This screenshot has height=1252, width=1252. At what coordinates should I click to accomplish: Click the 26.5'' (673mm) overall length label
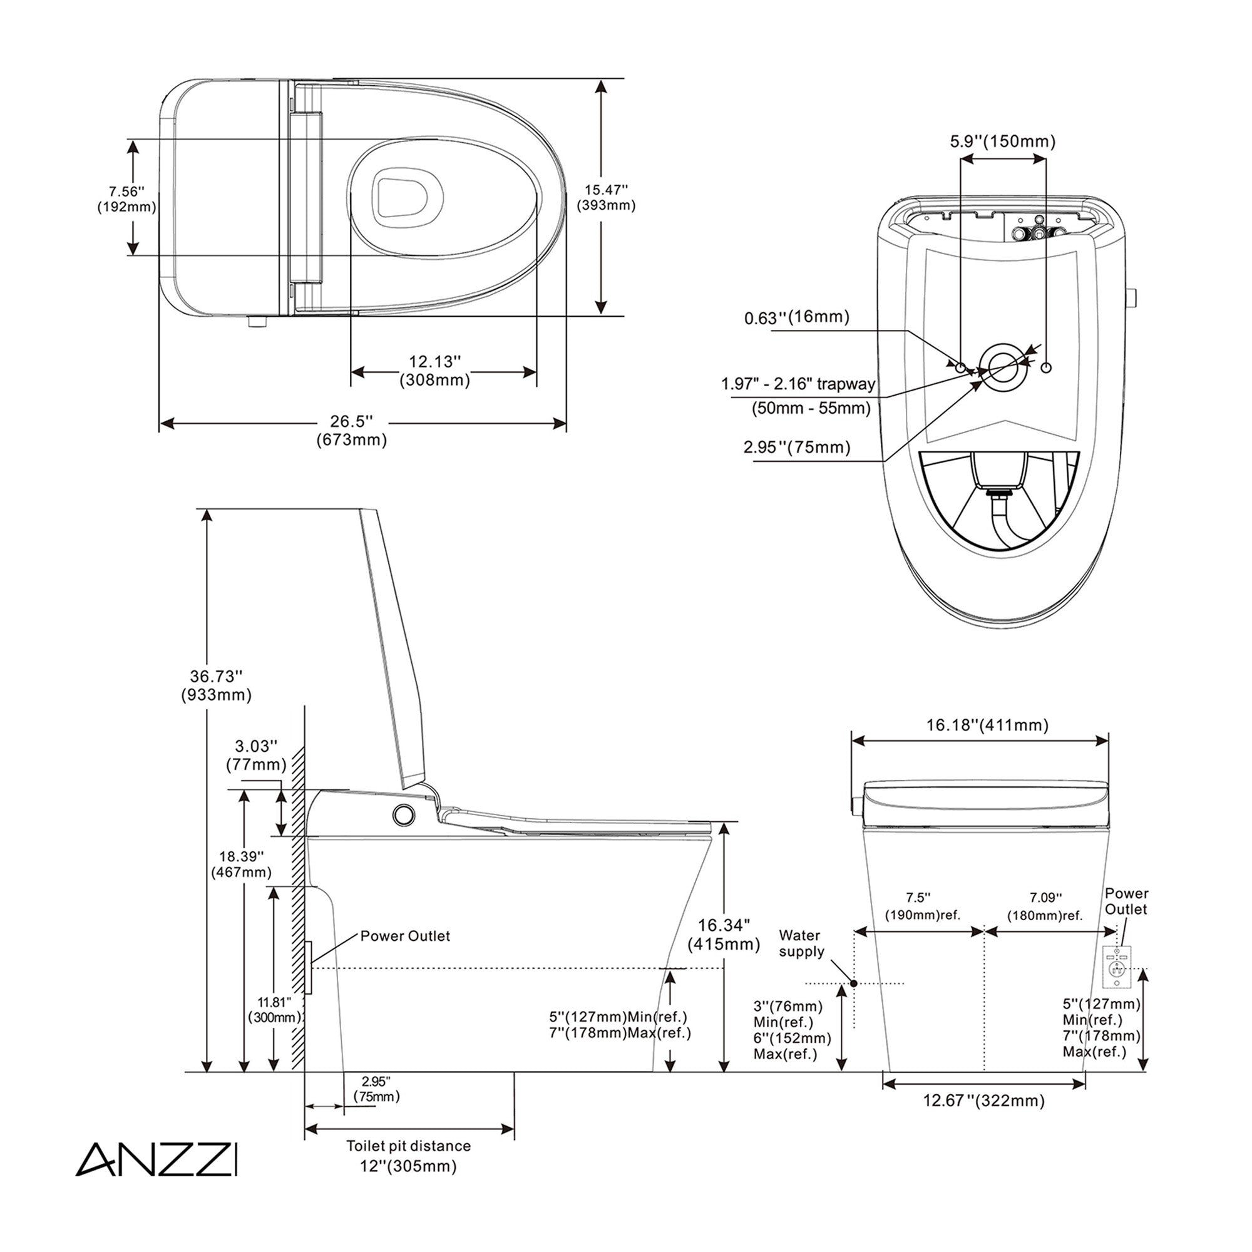[351, 430]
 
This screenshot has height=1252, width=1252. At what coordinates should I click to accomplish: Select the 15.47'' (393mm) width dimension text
[606, 198]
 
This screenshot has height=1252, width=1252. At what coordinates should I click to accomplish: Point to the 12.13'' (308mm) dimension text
[435, 371]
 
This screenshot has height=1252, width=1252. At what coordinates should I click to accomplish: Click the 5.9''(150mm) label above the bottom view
[1002, 141]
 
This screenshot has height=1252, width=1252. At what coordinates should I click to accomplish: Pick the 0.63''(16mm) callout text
[796, 317]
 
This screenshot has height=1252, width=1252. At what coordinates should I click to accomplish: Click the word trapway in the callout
[846, 384]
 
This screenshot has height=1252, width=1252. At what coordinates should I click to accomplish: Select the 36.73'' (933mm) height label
[217, 685]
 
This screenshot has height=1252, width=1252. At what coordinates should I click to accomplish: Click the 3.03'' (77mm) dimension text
[256, 755]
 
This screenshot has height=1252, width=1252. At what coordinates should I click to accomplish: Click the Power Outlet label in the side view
[405, 936]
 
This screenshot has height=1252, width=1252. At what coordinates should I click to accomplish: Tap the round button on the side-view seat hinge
[404, 814]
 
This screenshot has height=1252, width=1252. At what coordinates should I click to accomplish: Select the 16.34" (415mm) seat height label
[724, 935]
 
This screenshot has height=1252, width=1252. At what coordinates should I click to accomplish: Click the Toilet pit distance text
[408, 1146]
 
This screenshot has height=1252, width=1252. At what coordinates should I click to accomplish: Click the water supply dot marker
[853, 983]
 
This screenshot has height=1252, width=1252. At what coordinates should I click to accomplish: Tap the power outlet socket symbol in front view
[1118, 968]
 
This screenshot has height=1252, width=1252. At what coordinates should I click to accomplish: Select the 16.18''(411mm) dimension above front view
[987, 724]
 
